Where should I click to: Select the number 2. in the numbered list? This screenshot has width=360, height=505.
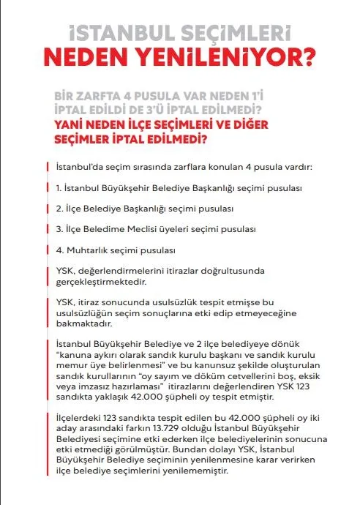point(60,209)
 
